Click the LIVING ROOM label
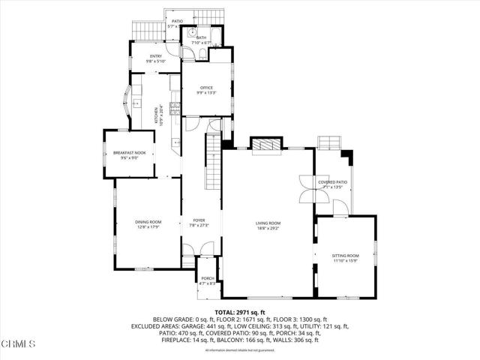268,223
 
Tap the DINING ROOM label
148,222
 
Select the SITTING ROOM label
346,256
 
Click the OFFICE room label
206,88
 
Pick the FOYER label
199,220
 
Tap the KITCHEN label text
157,115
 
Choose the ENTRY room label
155,55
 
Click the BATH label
201,37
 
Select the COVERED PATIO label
332,181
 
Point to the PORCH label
207,278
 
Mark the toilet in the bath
193,33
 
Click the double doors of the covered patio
308,189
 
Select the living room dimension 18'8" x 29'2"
268,228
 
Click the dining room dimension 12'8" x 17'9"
148,227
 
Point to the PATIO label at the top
177,21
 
